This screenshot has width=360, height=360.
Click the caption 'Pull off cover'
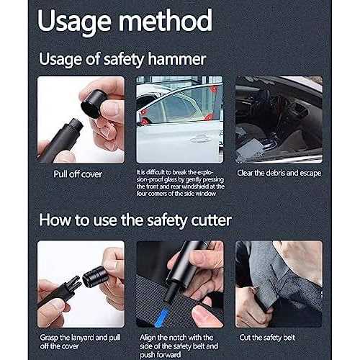pyautogui.click(x=78, y=174)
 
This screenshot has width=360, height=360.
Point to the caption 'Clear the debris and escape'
pyautogui.click(x=279, y=174)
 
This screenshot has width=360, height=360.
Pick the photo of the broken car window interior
pyautogui.click(x=278, y=120)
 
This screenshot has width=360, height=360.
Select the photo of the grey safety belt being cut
pyautogui.click(x=278, y=284)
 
